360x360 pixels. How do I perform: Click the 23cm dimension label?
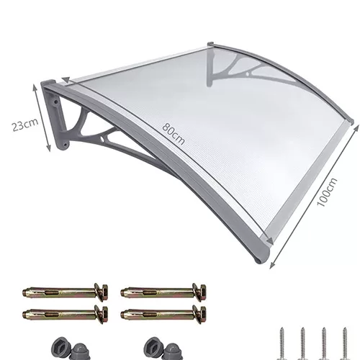(25, 125)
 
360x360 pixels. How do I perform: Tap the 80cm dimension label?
(174, 134)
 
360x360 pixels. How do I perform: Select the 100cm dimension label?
(327, 192)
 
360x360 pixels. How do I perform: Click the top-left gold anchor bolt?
(65, 292)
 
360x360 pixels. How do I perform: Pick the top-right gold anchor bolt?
(163, 292)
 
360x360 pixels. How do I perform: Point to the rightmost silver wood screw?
(345, 343)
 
